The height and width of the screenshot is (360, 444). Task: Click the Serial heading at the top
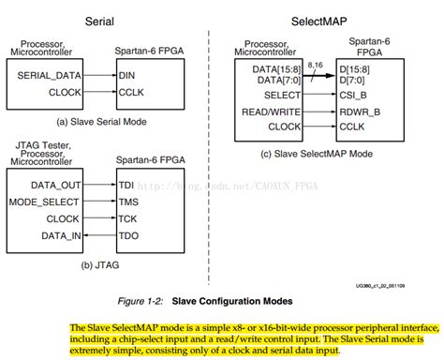[x=100, y=21]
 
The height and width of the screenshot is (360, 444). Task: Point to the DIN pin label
[x=127, y=74]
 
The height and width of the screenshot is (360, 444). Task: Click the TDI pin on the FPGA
[x=126, y=187]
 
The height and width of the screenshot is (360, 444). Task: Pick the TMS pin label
[x=126, y=202]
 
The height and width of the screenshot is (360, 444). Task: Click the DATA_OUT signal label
[x=55, y=187]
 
